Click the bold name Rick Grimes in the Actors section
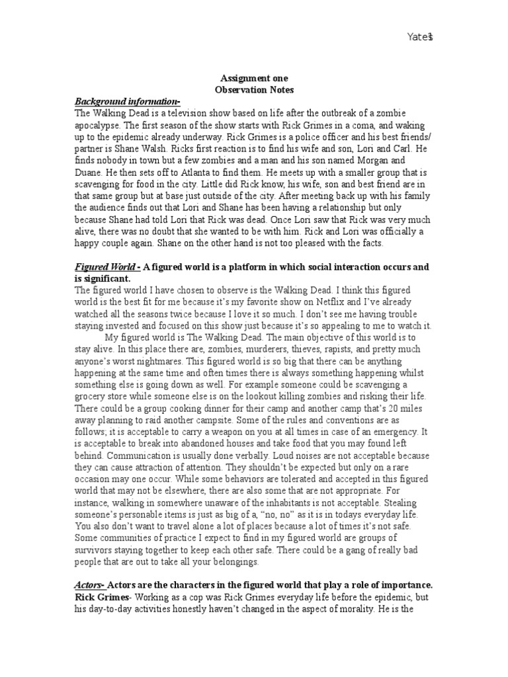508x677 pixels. pos(102,597)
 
